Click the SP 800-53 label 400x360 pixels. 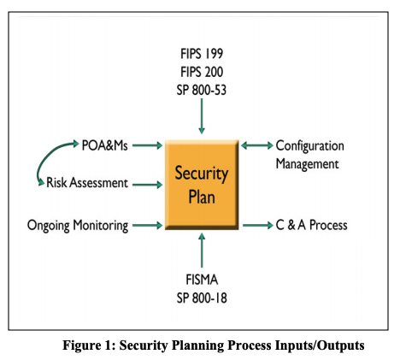pos(201,90)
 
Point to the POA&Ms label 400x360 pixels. pos(104,145)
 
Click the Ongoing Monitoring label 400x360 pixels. pos(78,226)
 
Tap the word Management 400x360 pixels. pos(308,162)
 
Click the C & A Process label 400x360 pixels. pos(311,226)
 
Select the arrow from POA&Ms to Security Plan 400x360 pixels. pos(147,146)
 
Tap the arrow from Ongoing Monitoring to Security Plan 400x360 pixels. pos(147,226)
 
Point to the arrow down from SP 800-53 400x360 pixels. pos(201,116)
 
